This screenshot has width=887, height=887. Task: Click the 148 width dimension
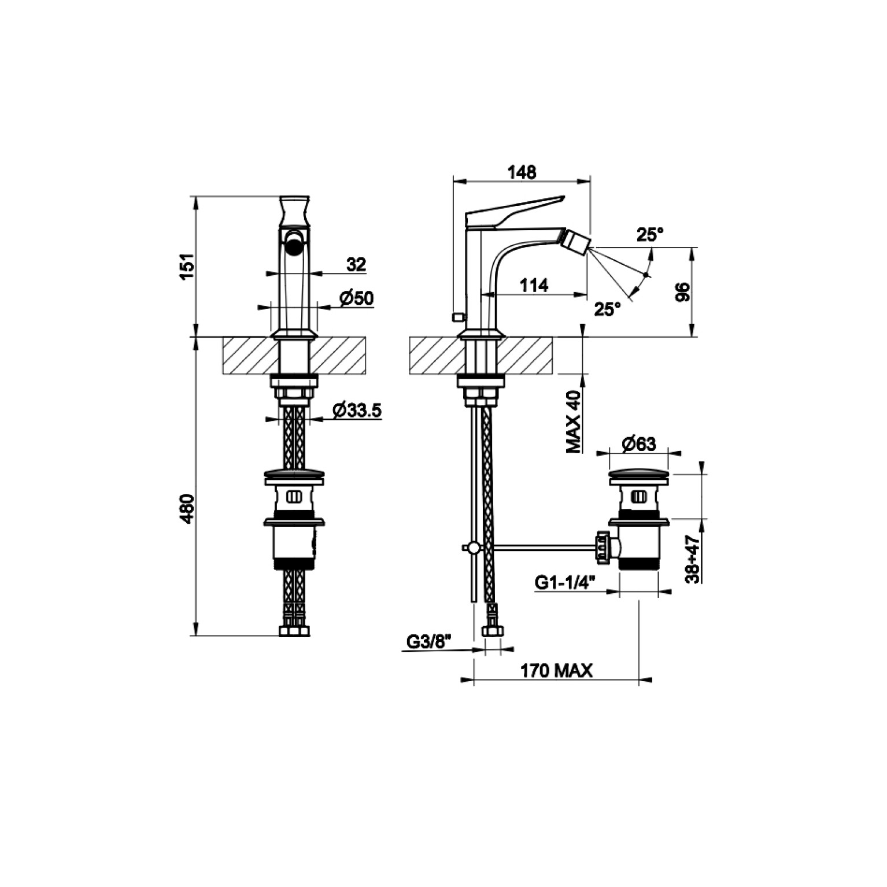tap(522, 172)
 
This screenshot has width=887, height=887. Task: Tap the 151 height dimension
tap(187, 266)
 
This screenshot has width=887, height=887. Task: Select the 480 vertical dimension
tap(187, 508)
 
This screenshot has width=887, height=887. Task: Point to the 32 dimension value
tap(356, 264)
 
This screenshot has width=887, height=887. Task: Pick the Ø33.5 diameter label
tap(357, 410)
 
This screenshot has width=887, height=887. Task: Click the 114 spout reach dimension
tap(533, 285)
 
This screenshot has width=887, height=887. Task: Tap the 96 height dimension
tap(682, 292)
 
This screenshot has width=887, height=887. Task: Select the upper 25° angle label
tap(650, 234)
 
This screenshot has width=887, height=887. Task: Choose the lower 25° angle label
tap(607, 309)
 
